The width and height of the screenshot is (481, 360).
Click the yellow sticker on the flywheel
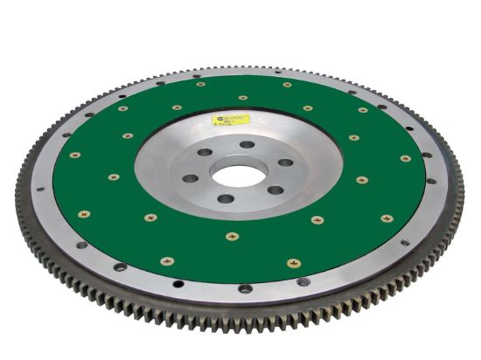coord(235,119)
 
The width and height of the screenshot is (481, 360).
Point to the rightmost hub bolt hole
coord(284,163)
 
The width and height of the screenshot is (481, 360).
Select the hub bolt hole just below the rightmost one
coord(275,190)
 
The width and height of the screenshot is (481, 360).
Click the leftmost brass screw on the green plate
coord(75,155)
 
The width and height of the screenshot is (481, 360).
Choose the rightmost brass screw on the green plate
coord(405,158)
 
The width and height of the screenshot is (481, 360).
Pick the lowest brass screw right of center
coord(293,262)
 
